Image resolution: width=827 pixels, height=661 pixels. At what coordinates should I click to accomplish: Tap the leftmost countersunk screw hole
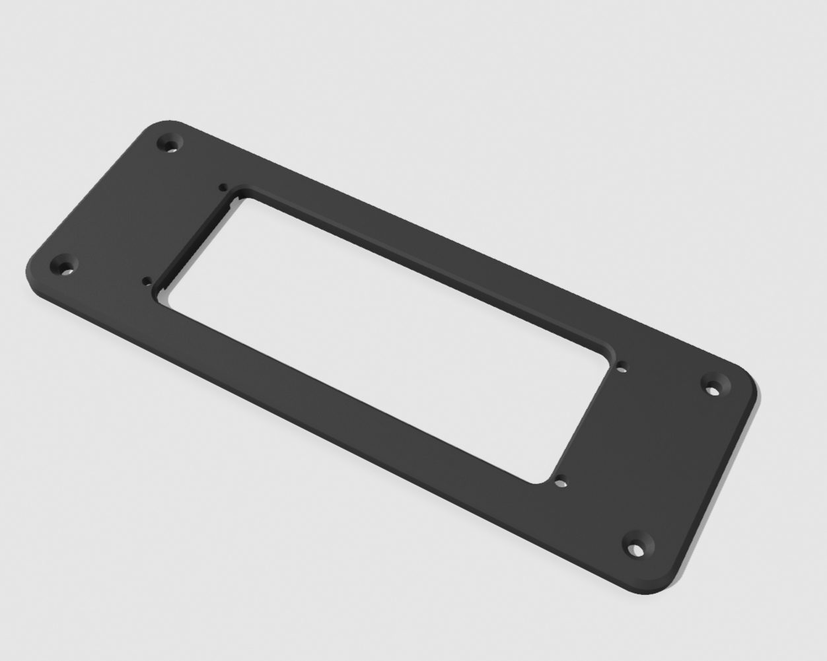[65, 267]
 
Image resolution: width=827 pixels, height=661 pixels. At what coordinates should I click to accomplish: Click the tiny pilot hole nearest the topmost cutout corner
[224, 187]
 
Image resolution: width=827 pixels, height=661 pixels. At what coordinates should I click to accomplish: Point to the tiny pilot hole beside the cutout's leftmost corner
[146, 280]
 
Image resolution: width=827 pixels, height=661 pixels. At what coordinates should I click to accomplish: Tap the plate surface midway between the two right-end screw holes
[675, 466]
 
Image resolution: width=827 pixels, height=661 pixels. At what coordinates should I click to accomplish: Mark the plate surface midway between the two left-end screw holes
[118, 205]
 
